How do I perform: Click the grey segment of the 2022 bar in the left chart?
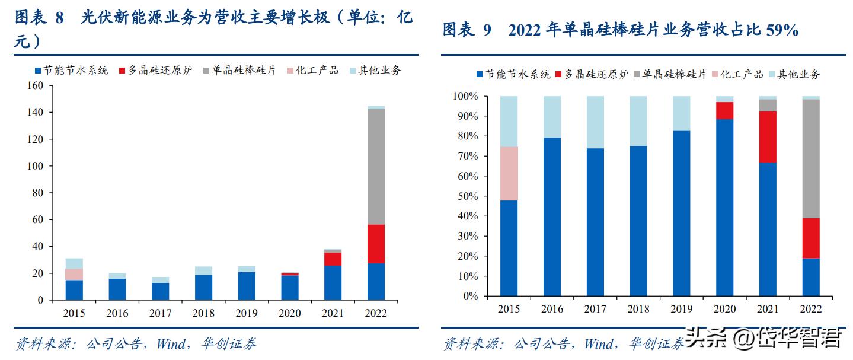tap(376, 167)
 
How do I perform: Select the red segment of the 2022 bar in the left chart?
tap(376, 244)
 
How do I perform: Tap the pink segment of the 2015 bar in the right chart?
tap(509, 173)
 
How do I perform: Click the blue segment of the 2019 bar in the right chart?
tap(681, 214)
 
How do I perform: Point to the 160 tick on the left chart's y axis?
tap(36, 85)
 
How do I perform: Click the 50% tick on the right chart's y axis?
tap(465, 196)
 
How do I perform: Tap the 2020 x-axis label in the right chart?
tap(724, 309)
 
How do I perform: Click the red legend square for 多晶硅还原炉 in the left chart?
tap(123, 71)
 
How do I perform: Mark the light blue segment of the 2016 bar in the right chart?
tap(552, 116)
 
